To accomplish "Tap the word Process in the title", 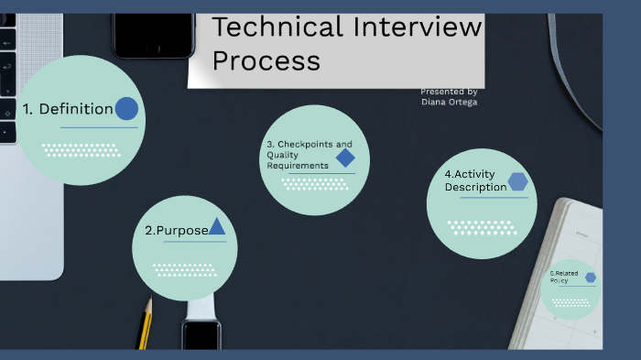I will (266, 60).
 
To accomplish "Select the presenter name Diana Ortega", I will (449, 102).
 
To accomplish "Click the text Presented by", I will (449, 92).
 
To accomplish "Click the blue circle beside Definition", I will (126, 109).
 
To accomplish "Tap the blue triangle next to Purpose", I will (217, 226).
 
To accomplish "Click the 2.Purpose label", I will (177, 231).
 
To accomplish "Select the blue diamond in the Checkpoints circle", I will (345, 158).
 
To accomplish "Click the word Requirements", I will (297, 166).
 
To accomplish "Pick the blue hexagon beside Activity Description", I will (518, 181).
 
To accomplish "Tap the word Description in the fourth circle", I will (475, 187).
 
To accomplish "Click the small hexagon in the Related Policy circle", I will (591, 277).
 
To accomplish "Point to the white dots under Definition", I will (81, 149).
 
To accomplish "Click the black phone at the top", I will (153, 27).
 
